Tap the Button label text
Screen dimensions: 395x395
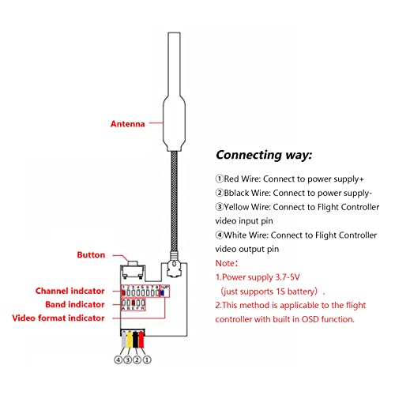pos(93,255)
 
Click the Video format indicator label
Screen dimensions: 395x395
pos(60,318)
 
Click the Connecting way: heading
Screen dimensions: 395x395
pos(264,155)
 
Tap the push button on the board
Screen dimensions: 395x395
pos(134,268)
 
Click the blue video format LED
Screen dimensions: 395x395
pos(161,291)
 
